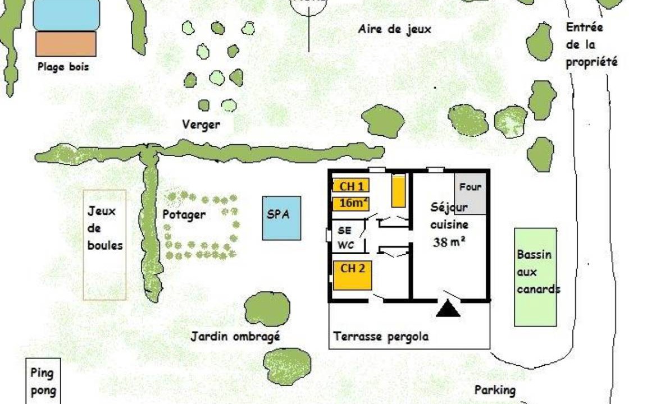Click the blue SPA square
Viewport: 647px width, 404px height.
(281, 218)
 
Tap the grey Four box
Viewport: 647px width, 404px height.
(471, 194)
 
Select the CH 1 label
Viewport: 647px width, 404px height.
(351, 186)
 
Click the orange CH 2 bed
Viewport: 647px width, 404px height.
(352, 276)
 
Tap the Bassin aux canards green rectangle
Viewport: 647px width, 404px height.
(536, 277)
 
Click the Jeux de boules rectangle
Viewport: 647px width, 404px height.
(104, 245)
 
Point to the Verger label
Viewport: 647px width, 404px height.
(201, 124)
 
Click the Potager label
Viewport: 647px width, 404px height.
(184, 215)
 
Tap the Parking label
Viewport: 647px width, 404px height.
(495, 390)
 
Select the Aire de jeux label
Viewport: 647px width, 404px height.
(394, 29)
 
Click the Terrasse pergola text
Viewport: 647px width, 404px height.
(381, 337)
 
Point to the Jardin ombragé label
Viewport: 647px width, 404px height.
(235, 337)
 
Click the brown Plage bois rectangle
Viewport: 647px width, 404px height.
(66, 44)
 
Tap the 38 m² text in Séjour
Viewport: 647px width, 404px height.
(449, 242)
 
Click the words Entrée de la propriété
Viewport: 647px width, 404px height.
(592, 44)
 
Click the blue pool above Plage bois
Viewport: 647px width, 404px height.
(66, 15)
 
